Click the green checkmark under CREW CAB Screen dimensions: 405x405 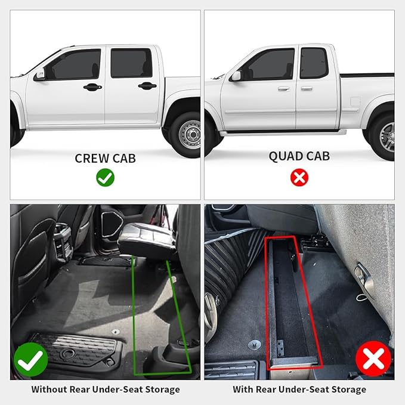105,177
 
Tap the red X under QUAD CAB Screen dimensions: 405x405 299,177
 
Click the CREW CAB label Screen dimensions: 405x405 105,158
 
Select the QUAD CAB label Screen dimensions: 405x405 299,156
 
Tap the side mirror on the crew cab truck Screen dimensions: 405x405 40,75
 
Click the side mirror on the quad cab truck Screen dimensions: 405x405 236,76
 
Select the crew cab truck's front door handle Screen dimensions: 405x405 92,87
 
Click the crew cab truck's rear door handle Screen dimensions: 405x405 147,86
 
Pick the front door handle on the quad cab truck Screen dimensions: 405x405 283,88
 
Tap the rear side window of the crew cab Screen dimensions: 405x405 131,63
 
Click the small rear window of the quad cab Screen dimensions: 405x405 313,63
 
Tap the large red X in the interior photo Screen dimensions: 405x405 373,359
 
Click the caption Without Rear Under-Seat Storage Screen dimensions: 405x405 105,389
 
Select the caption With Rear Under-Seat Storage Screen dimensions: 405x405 299,389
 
